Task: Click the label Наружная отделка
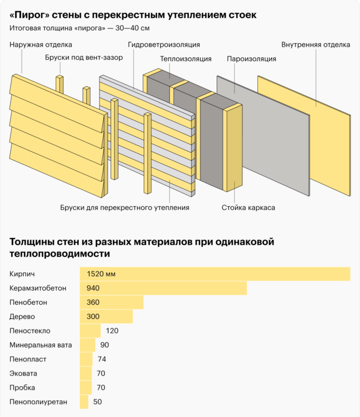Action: (41, 45)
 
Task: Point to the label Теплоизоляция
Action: (185, 59)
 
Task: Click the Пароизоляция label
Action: (251, 59)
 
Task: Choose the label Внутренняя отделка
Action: (316, 45)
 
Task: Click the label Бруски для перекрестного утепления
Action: (124, 207)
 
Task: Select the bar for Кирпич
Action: (214, 274)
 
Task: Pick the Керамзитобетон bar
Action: (163, 288)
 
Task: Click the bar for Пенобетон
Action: (111, 303)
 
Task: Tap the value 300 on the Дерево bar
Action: (93, 317)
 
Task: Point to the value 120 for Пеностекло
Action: (112, 331)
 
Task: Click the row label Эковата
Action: (23, 374)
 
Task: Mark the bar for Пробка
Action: (85, 388)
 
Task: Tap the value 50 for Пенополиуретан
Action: (97, 402)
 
